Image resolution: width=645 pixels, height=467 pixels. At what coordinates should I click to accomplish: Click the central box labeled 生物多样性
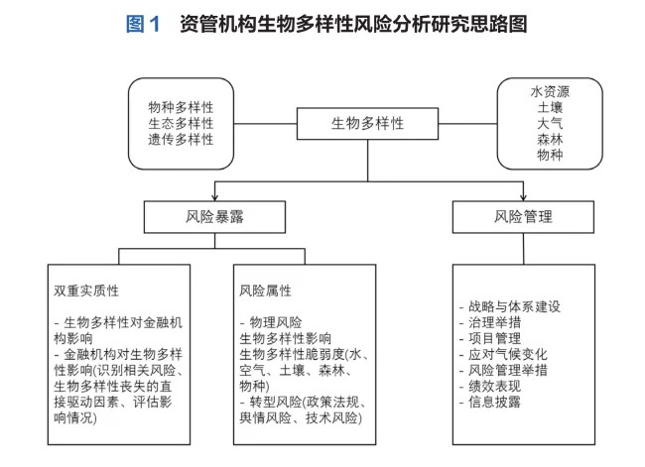367,123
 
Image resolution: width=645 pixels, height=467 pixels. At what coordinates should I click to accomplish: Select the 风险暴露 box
214,217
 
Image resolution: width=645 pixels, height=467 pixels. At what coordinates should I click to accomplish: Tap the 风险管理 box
523,217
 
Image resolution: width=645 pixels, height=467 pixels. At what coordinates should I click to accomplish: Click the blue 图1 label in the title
143,24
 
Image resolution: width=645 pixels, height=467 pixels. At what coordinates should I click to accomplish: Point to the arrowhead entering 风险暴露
214,197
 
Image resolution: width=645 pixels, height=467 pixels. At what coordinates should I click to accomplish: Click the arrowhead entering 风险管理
523,197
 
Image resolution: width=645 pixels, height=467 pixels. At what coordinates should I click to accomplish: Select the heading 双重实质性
86,291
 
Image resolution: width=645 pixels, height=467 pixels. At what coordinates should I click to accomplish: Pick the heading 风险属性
265,291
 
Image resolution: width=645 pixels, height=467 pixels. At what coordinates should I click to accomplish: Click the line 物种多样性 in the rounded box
181,107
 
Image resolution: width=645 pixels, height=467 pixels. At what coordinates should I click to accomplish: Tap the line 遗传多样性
181,140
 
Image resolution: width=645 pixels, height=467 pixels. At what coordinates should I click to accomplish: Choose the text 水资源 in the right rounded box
550,91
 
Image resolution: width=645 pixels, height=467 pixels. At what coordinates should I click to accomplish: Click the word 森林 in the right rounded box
550,140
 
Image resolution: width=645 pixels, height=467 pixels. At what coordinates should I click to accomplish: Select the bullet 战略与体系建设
514,306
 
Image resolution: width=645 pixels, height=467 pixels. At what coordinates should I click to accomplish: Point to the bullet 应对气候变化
508,354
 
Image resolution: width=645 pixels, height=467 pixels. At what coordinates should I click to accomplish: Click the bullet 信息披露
494,402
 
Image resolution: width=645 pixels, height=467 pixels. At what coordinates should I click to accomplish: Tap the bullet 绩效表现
494,386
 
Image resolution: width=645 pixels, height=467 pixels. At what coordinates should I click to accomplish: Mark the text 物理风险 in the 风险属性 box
276,322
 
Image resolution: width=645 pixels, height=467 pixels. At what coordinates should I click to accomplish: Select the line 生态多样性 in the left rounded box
181,123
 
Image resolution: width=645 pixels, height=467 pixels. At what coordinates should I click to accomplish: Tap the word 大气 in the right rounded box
550,123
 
